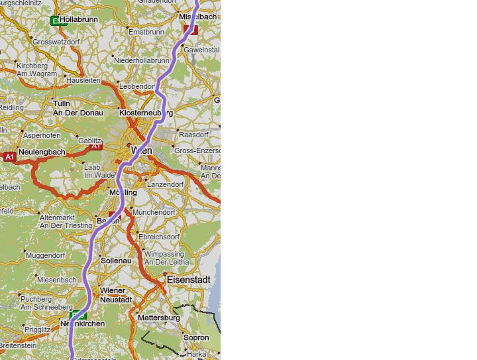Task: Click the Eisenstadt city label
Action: [x=189, y=280]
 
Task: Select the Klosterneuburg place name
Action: [x=146, y=113]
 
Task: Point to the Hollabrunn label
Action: [x=79, y=20]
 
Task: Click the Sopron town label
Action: [x=195, y=337]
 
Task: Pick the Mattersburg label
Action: [x=158, y=318]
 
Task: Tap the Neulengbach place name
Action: [x=42, y=152]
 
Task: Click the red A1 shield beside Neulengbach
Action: [x=9, y=157]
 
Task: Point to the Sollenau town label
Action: [x=117, y=261]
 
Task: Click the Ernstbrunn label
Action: [x=146, y=32]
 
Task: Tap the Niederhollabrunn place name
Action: [x=142, y=60]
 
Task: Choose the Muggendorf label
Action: [x=46, y=255]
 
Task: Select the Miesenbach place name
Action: [x=56, y=280]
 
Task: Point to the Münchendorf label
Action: [x=154, y=213]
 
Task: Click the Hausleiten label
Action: [x=83, y=80]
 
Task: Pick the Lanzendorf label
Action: [x=166, y=184]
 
